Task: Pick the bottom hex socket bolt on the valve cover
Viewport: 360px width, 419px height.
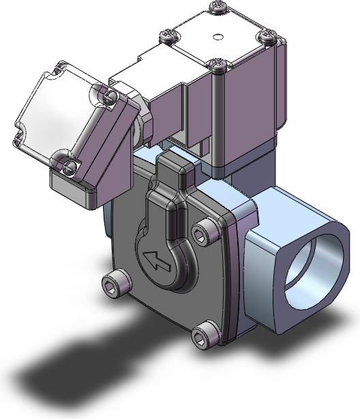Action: pyautogui.click(x=198, y=335)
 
